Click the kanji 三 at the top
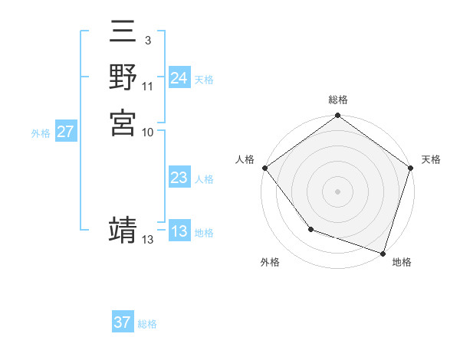tap(123, 35)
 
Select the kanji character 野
tap(123, 78)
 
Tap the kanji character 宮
tap(123, 123)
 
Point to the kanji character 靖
tap(123, 230)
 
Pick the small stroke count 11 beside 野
tap(148, 87)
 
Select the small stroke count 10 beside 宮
tap(148, 132)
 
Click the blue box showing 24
tap(179, 78)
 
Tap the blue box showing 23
tap(179, 178)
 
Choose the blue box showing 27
tap(65, 132)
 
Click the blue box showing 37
tap(122, 322)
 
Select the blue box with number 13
tap(179, 231)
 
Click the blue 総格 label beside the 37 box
tap(147, 324)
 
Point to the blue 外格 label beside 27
tap(41, 133)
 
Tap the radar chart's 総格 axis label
tap(338, 100)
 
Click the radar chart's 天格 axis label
tap(431, 159)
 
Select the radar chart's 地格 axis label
tap(402, 262)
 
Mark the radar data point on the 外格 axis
tap(310, 229)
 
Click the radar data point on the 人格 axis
tap(264, 168)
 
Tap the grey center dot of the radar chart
tap(338, 191)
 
